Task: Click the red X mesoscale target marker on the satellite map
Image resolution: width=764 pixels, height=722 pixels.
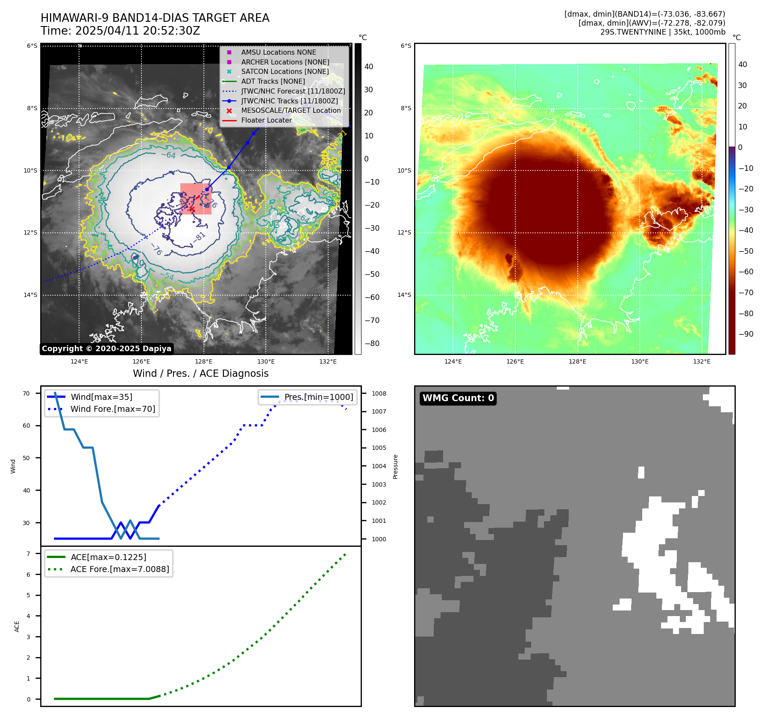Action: [192, 209]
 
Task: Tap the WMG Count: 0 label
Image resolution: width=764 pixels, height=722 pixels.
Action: [458, 398]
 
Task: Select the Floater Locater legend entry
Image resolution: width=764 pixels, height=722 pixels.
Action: [266, 120]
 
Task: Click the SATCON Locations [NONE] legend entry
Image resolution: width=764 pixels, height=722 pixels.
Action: [285, 72]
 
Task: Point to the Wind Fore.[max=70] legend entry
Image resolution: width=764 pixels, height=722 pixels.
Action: [113, 409]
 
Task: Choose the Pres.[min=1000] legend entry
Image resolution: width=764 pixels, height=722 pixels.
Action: [319, 397]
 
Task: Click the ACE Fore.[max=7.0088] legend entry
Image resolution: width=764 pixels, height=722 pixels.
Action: [120, 569]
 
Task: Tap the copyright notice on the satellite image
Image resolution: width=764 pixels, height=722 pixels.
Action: [106, 349]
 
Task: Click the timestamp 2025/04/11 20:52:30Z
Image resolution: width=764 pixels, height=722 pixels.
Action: [137, 31]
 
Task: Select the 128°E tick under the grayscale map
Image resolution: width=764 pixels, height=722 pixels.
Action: [203, 362]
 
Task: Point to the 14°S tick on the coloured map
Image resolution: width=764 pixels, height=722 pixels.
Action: [404, 295]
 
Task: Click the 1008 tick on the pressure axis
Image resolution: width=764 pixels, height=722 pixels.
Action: [379, 393]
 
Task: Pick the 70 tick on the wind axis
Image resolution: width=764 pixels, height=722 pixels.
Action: [26, 393]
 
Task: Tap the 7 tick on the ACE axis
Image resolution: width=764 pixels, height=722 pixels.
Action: [28, 554]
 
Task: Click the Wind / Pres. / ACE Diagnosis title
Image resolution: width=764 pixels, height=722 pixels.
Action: [200, 374]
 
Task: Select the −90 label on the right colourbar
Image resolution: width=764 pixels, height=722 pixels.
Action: [746, 334]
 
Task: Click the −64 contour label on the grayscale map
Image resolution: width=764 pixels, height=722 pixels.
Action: [170, 155]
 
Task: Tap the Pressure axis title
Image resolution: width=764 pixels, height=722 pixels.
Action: [395, 467]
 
